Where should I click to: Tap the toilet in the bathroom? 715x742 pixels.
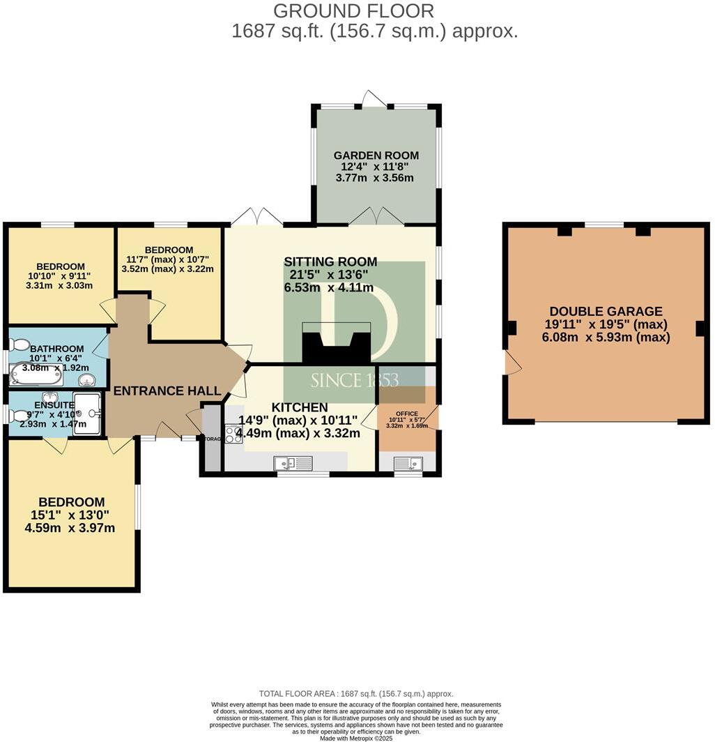pyautogui.click(x=20, y=344)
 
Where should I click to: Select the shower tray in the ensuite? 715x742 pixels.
pyautogui.click(x=87, y=414)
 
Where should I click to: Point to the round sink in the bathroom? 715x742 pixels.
pyautogui.click(x=87, y=379)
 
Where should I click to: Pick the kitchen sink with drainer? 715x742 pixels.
pyautogui.click(x=293, y=462)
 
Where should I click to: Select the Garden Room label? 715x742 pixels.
pyautogui.click(x=376, y=156)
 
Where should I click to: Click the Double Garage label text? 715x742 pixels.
pyautogui.click(x=606, y=312)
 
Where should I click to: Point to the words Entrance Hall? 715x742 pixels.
pyautogui.click(x=167, y=391)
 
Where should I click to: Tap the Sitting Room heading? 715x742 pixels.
pyautogui.click(x=330, y=262)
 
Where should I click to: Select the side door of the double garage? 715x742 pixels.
pyautogui.click(x=512, y=363)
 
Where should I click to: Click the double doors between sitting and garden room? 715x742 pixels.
pyautogui.click(x=376, y=217)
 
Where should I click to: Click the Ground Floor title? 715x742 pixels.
pyautogui.click(x=353, y=11)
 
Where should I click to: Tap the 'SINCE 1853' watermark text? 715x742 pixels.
pyautogui.click(x=354, y=380)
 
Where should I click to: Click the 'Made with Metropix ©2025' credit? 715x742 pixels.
pyautogui.click(x=356, y=738)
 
